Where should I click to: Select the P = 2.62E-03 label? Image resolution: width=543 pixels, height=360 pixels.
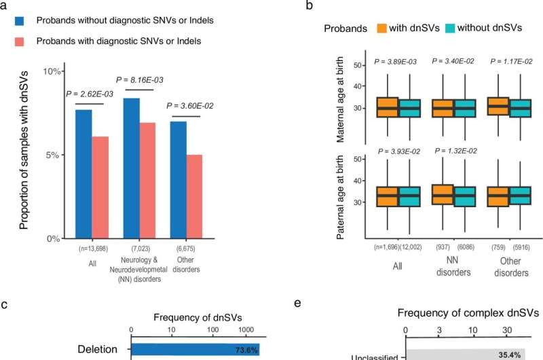point(91,94)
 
